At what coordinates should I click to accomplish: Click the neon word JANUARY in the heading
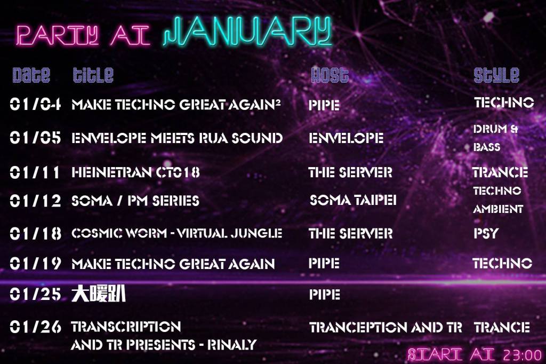[x=247, y=32]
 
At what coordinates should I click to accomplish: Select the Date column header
[x=31, y=75]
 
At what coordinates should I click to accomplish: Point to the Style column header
[x=496, y=75]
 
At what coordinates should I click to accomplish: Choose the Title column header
[x=93, y=75]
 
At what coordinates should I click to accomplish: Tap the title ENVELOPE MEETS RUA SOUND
[x=177, y=138]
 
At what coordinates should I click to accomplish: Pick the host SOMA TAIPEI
[x=353, y=200]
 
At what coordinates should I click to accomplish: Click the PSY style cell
[x=486, y=233]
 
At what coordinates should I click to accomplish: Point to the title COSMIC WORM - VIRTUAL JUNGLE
[x=176, y=233]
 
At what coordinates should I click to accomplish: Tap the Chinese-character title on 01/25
[x=98, y=294]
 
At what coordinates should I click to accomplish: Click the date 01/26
[x=35, y=327]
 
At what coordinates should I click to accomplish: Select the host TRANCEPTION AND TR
[x=386, y=327]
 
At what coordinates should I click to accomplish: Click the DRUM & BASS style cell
[x=495, y=138]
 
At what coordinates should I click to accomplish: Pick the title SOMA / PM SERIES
[x=135, y=201]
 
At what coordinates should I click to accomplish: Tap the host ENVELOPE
[x=346, y=138]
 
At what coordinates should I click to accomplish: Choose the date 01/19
[x=35, y=263]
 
